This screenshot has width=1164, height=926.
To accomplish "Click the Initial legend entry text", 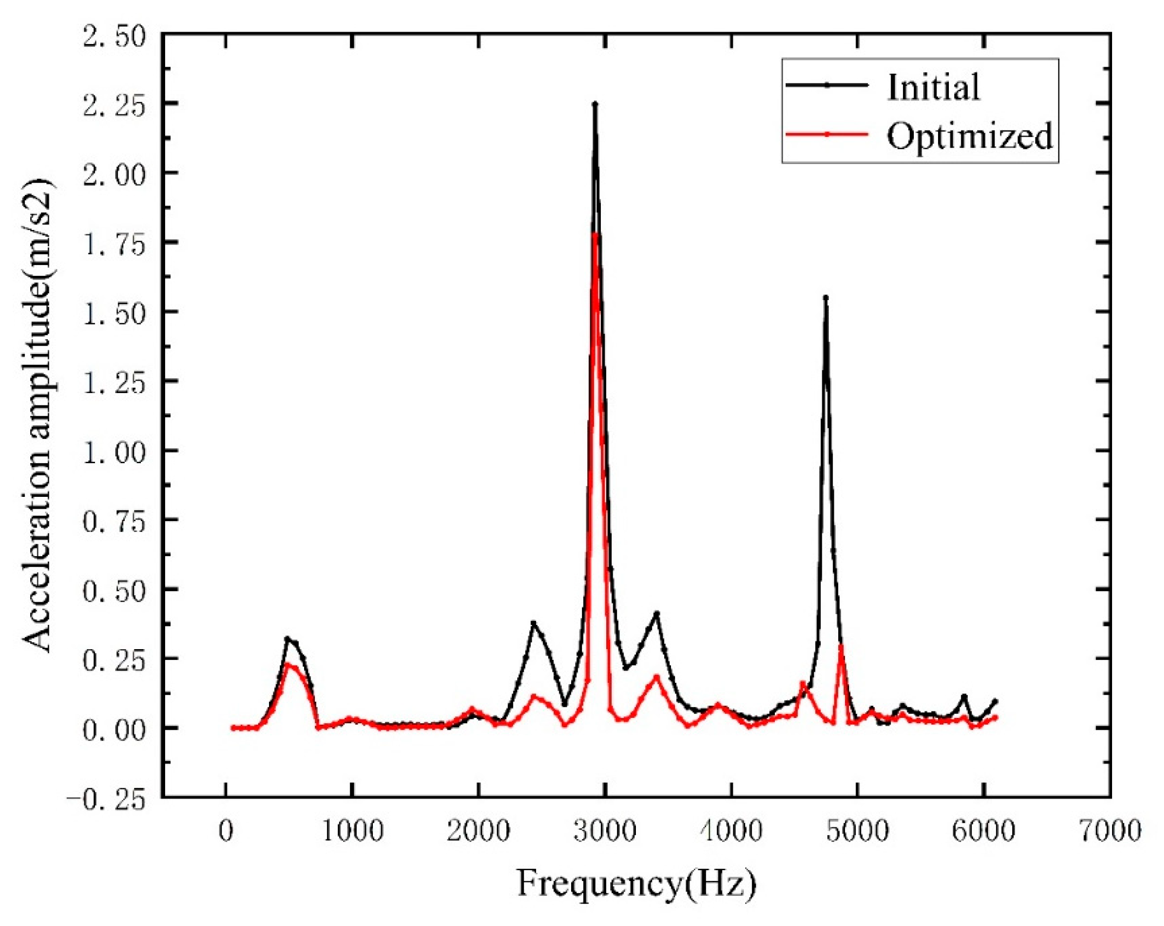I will pyautogui.click(x=933, y=88).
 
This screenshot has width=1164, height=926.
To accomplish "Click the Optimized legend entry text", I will pyautogui.click(x=969, y=135).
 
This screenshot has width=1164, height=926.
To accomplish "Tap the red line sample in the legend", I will pyautogui.click(x=827, y=134).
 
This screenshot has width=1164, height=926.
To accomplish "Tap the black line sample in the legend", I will pyautogui.click(x=827, y=85).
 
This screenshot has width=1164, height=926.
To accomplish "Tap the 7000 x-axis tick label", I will pyautogui.click(x=1110, y=831).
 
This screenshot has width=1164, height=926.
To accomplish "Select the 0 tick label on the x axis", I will pyautogui.click(x=226, y=831).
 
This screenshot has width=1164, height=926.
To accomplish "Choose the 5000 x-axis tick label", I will pyautogui.click(x=857, y=831).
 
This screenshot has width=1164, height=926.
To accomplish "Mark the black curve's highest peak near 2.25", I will pyautogui.click(x=595, y=104).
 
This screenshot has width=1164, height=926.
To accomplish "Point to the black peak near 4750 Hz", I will pyautogui.click(x=825, y=298).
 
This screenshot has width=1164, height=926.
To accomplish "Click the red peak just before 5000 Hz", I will pyautogui.click(x=841, y=646).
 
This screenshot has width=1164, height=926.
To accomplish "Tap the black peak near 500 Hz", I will pyautogui.click(x=288, y=638).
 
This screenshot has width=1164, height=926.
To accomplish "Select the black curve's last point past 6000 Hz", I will pyautogui.click(x=995, y=701).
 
